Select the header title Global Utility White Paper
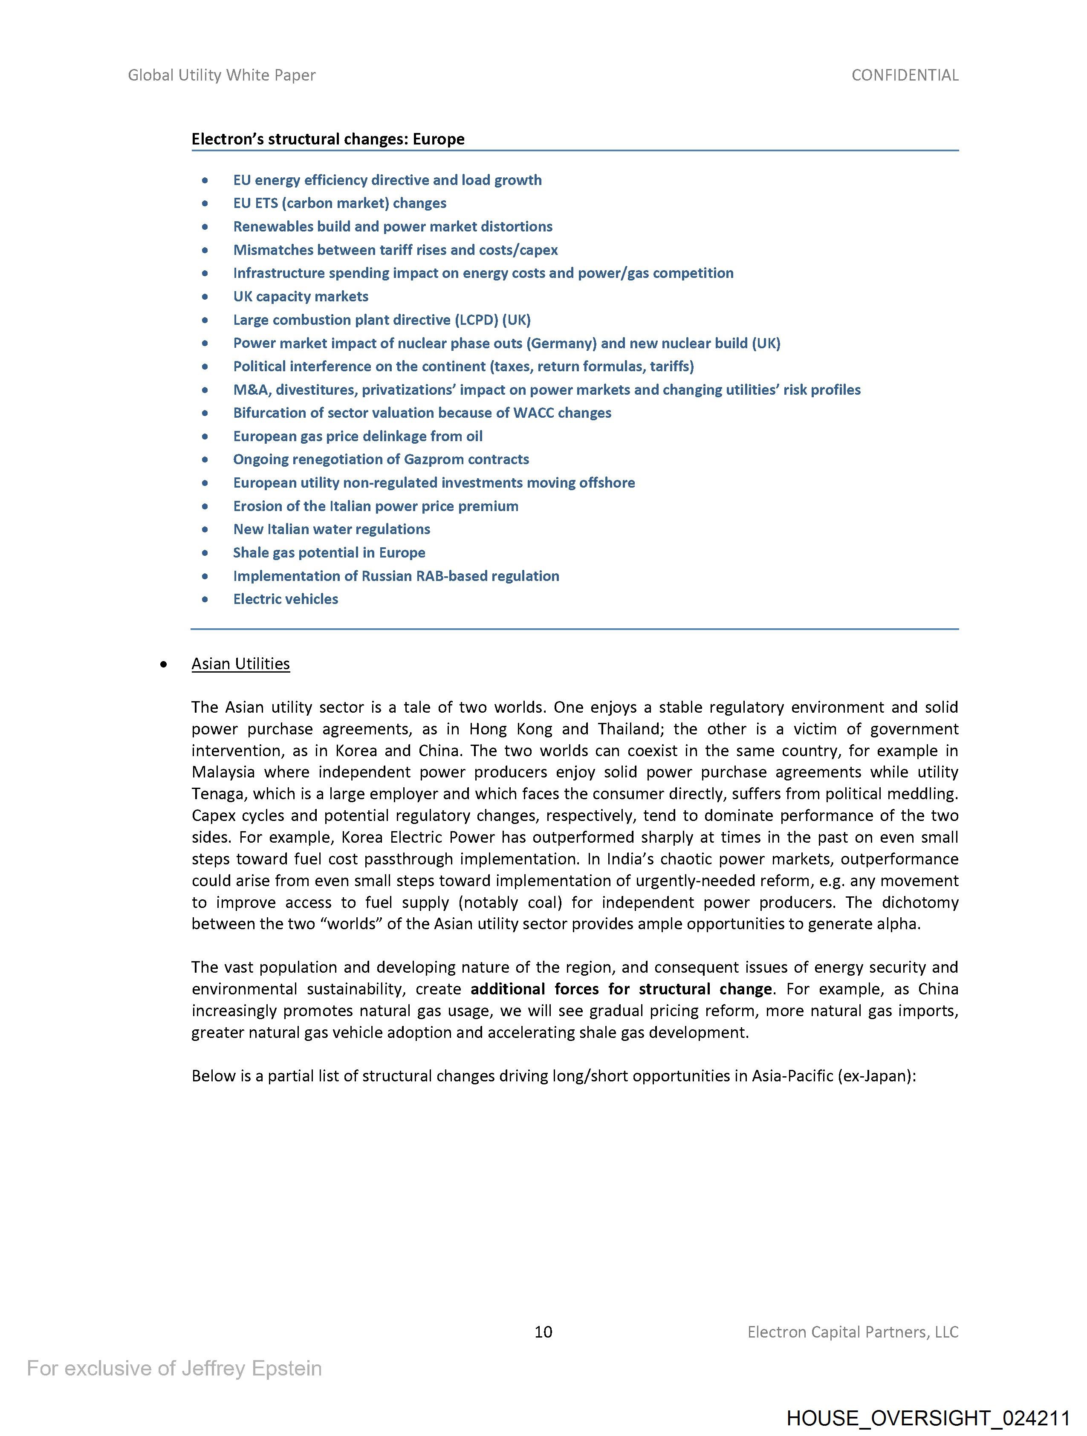221,75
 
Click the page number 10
543,1332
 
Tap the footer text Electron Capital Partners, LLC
852,1332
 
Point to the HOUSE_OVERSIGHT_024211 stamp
928,1417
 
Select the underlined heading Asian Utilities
240,664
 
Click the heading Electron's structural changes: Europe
328,139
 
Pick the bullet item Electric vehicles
286,599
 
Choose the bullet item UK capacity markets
301,297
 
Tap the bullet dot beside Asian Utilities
164,664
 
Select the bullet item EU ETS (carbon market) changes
340,203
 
